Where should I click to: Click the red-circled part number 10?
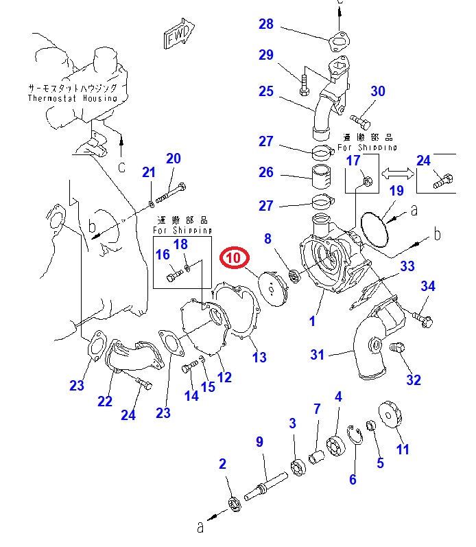[x=233, y=258]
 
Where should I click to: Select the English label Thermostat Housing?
[x=72, y=98]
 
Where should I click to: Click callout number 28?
[x=265, y=25]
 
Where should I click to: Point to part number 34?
[x=428, y=286]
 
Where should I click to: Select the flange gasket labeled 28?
[x=337, y=42]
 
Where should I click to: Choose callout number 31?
[x=317, y=354]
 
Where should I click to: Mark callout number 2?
[x=222, y=465]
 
